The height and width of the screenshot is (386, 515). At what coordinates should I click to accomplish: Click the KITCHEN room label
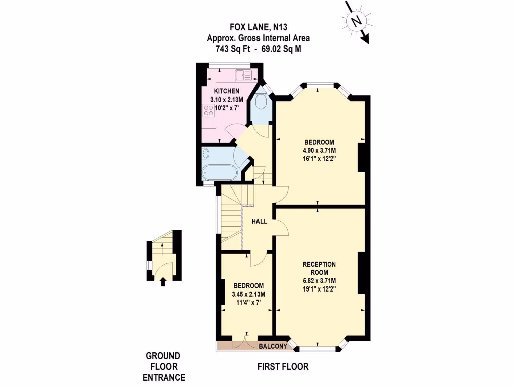pos(226,91)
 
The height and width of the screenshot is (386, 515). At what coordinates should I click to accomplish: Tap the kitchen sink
pos(242,75)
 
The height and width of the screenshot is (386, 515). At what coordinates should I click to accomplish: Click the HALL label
pos(259,221)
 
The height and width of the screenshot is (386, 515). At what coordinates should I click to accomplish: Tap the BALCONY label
pos(273,346)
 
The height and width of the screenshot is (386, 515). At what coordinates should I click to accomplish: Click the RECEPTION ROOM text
pos(319,268)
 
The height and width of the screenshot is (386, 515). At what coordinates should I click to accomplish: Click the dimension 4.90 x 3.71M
pos(319,150)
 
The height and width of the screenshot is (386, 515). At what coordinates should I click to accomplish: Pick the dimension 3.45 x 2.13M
pos(248,295)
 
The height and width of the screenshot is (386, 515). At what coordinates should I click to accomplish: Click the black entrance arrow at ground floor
pos(162,282)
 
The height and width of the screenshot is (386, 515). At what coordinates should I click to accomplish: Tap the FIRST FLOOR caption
pos(283,367)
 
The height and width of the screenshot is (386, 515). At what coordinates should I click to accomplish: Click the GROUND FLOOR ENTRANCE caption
pos(163,366)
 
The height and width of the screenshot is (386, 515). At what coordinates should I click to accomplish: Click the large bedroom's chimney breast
pos(361,158)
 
